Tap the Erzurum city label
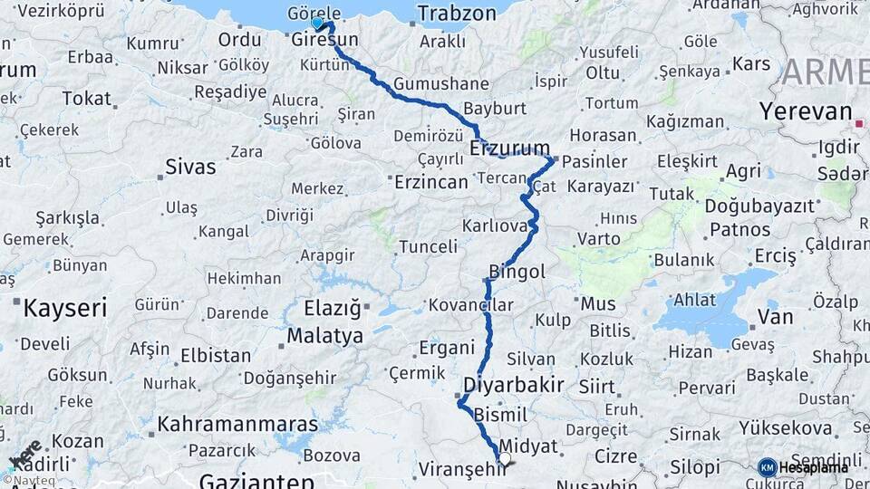pyautogui.click(x=510, y=148)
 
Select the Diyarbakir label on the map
pyautogui.click(x=514, y=384)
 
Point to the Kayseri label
pyautogui.click(x=64, y=307)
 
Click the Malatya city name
pyautogui.click(x=324, y=335)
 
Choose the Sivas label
pyautogui.click(x=190, y=167)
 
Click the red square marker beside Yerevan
pyautogui.click(x=858, y=122)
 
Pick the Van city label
pyautogui.click(x=775, y=317)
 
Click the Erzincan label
pyautogui.click(x=431, y=182)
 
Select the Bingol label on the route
pyautogui.click(x=517, y=271)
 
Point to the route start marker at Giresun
pyautogui.click(x=317, y=24)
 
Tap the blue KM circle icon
pyautogui.click(x=767, y=467)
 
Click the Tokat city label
pyautogui.click(x=86, y=99)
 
